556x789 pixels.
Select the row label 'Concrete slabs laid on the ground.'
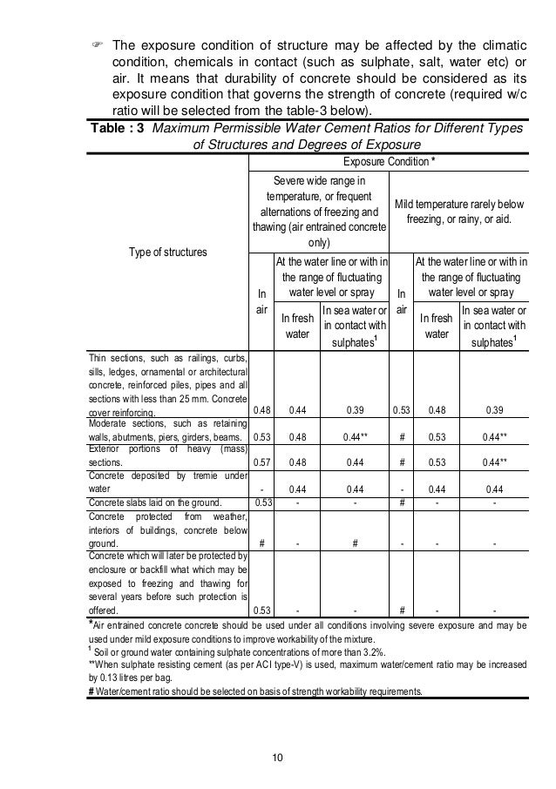[x=155, y=502]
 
